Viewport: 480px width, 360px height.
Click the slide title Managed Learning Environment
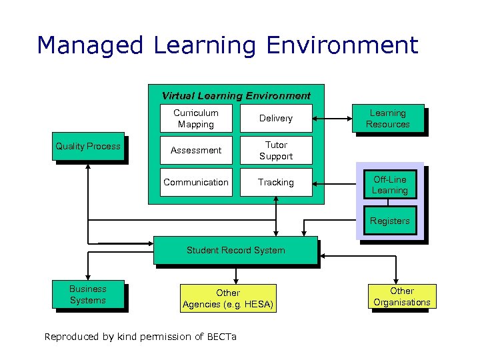[x=227, y=45]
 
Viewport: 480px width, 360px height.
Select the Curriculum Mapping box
[x=196, y=118]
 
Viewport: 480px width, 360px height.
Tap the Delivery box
[x=276, y=118]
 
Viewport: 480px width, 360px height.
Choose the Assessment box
[x=196, y=150]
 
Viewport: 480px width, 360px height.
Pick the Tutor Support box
[x=276, y=150]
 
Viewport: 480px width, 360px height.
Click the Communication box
[x=196, y=182]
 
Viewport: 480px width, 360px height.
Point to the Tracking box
[x=276, y=182]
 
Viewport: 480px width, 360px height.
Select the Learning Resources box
[x=387, y=119]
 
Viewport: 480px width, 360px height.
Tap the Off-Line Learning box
[x=389, y=185]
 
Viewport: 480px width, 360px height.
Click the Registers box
[x=389, y=221]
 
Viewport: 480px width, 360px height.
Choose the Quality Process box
[x=88, y=146]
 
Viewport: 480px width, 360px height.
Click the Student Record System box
[x=235, y=250]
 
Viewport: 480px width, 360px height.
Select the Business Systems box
[x=88, y=294]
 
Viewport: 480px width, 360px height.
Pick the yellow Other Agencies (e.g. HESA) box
[x=228, y=299]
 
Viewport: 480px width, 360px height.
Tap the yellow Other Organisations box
[x=401, y=297]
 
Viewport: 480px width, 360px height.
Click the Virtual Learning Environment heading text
[x=236, y=95]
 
